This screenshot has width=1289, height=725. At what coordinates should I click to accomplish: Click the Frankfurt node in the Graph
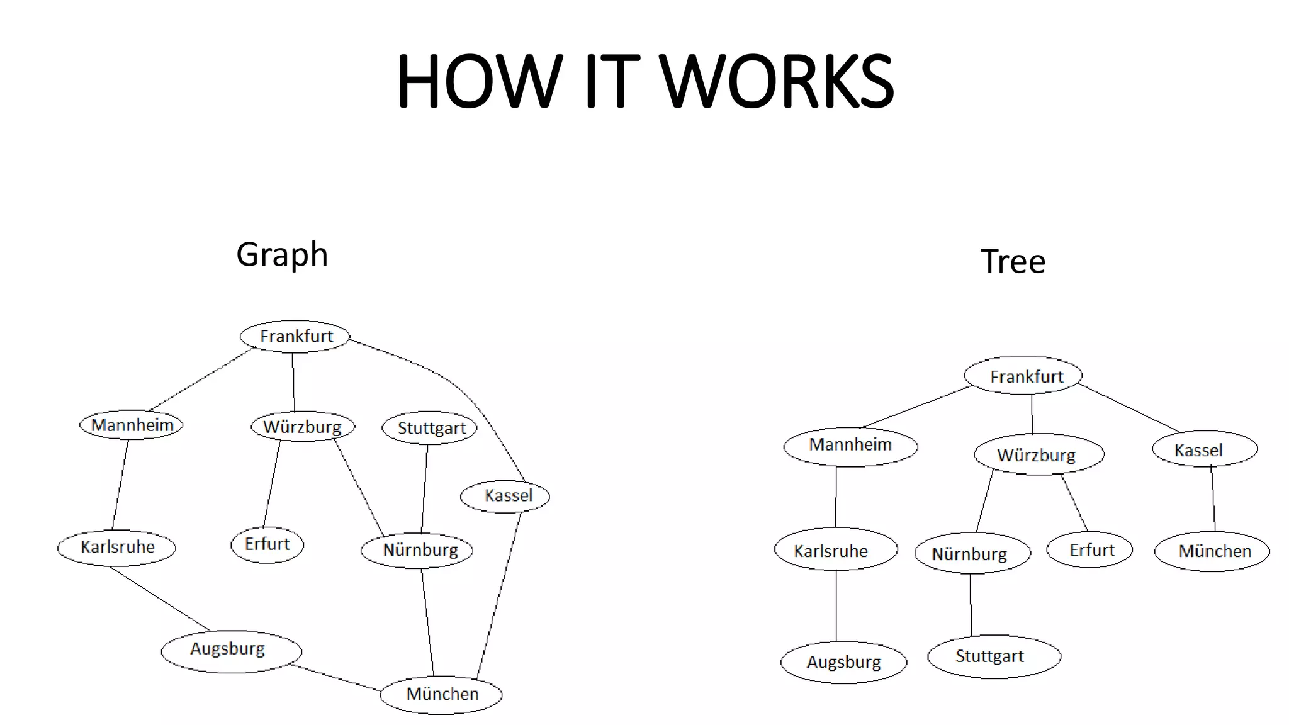pyautogui.click(x=295, y=336)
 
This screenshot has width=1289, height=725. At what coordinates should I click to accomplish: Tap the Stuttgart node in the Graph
pyautogui.click(x=430, y=428)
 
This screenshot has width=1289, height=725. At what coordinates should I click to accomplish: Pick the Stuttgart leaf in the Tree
pyautogui.click(x=993, y=656)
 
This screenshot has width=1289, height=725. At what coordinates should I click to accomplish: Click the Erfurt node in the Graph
pyautogui.click(x=267, y=544)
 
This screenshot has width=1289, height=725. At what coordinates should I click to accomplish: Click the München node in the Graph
pyautogui.click(x=441, y=694)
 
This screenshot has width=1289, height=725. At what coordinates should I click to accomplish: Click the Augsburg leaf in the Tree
pyautogui.click(x=843, y=662)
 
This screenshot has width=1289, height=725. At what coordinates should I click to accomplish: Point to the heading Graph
pyautogui.click(x=282, y=254)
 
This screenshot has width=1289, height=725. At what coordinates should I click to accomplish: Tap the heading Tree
pyautogui.click(x=1013, y=261)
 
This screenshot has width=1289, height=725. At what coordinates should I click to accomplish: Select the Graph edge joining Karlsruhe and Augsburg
pyautogui.click(x=160, y=599)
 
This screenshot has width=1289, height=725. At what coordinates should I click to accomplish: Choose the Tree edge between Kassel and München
pyautogui.click(x=1213, y=498)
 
